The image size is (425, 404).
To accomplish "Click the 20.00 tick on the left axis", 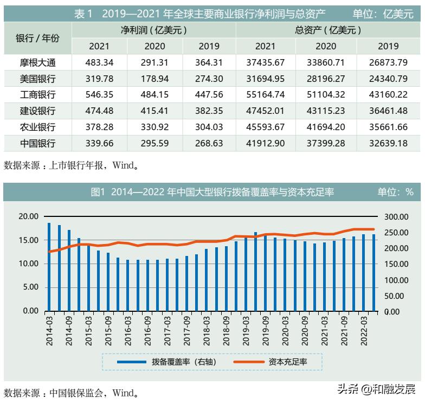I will [28, 216].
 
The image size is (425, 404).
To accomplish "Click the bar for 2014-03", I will [49, 266].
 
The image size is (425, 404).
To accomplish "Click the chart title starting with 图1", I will [211, 192].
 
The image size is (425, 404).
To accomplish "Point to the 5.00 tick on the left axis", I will [30, 287].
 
